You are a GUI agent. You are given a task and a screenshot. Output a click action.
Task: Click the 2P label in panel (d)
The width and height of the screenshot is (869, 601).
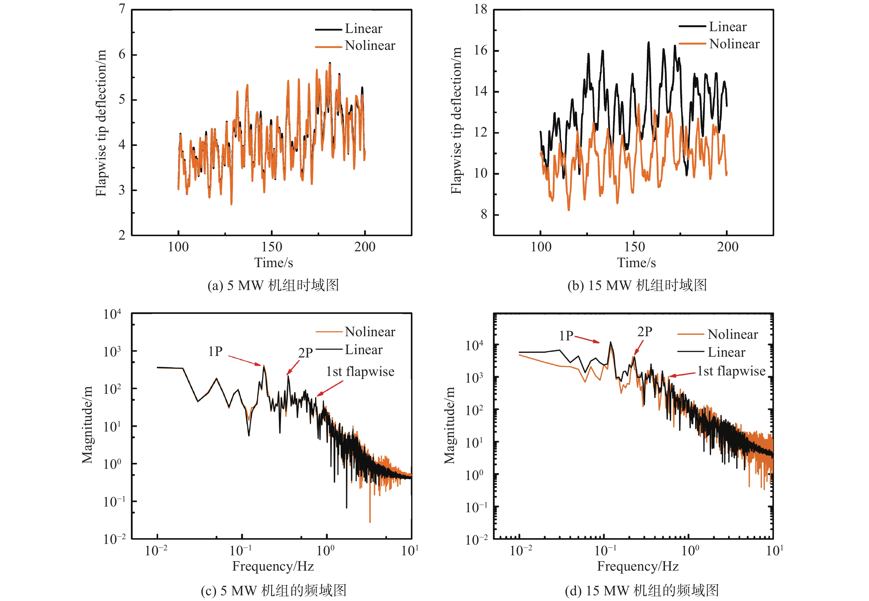click(645, 332)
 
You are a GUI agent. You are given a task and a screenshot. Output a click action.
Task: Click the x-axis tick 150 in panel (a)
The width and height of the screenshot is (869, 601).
click(272, 247)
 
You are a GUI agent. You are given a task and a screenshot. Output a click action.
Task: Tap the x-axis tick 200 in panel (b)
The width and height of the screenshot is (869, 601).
click(727, 247)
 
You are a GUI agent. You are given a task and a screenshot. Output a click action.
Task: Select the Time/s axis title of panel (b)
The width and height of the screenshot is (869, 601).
click(636, 263)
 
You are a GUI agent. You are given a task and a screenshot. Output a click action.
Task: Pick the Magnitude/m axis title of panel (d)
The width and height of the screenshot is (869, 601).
click(449, 426)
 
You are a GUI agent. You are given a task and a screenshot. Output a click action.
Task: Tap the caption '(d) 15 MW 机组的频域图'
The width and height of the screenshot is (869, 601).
click(641, 590)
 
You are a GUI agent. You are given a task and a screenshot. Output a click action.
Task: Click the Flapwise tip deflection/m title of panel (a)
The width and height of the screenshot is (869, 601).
click(101, 123)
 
